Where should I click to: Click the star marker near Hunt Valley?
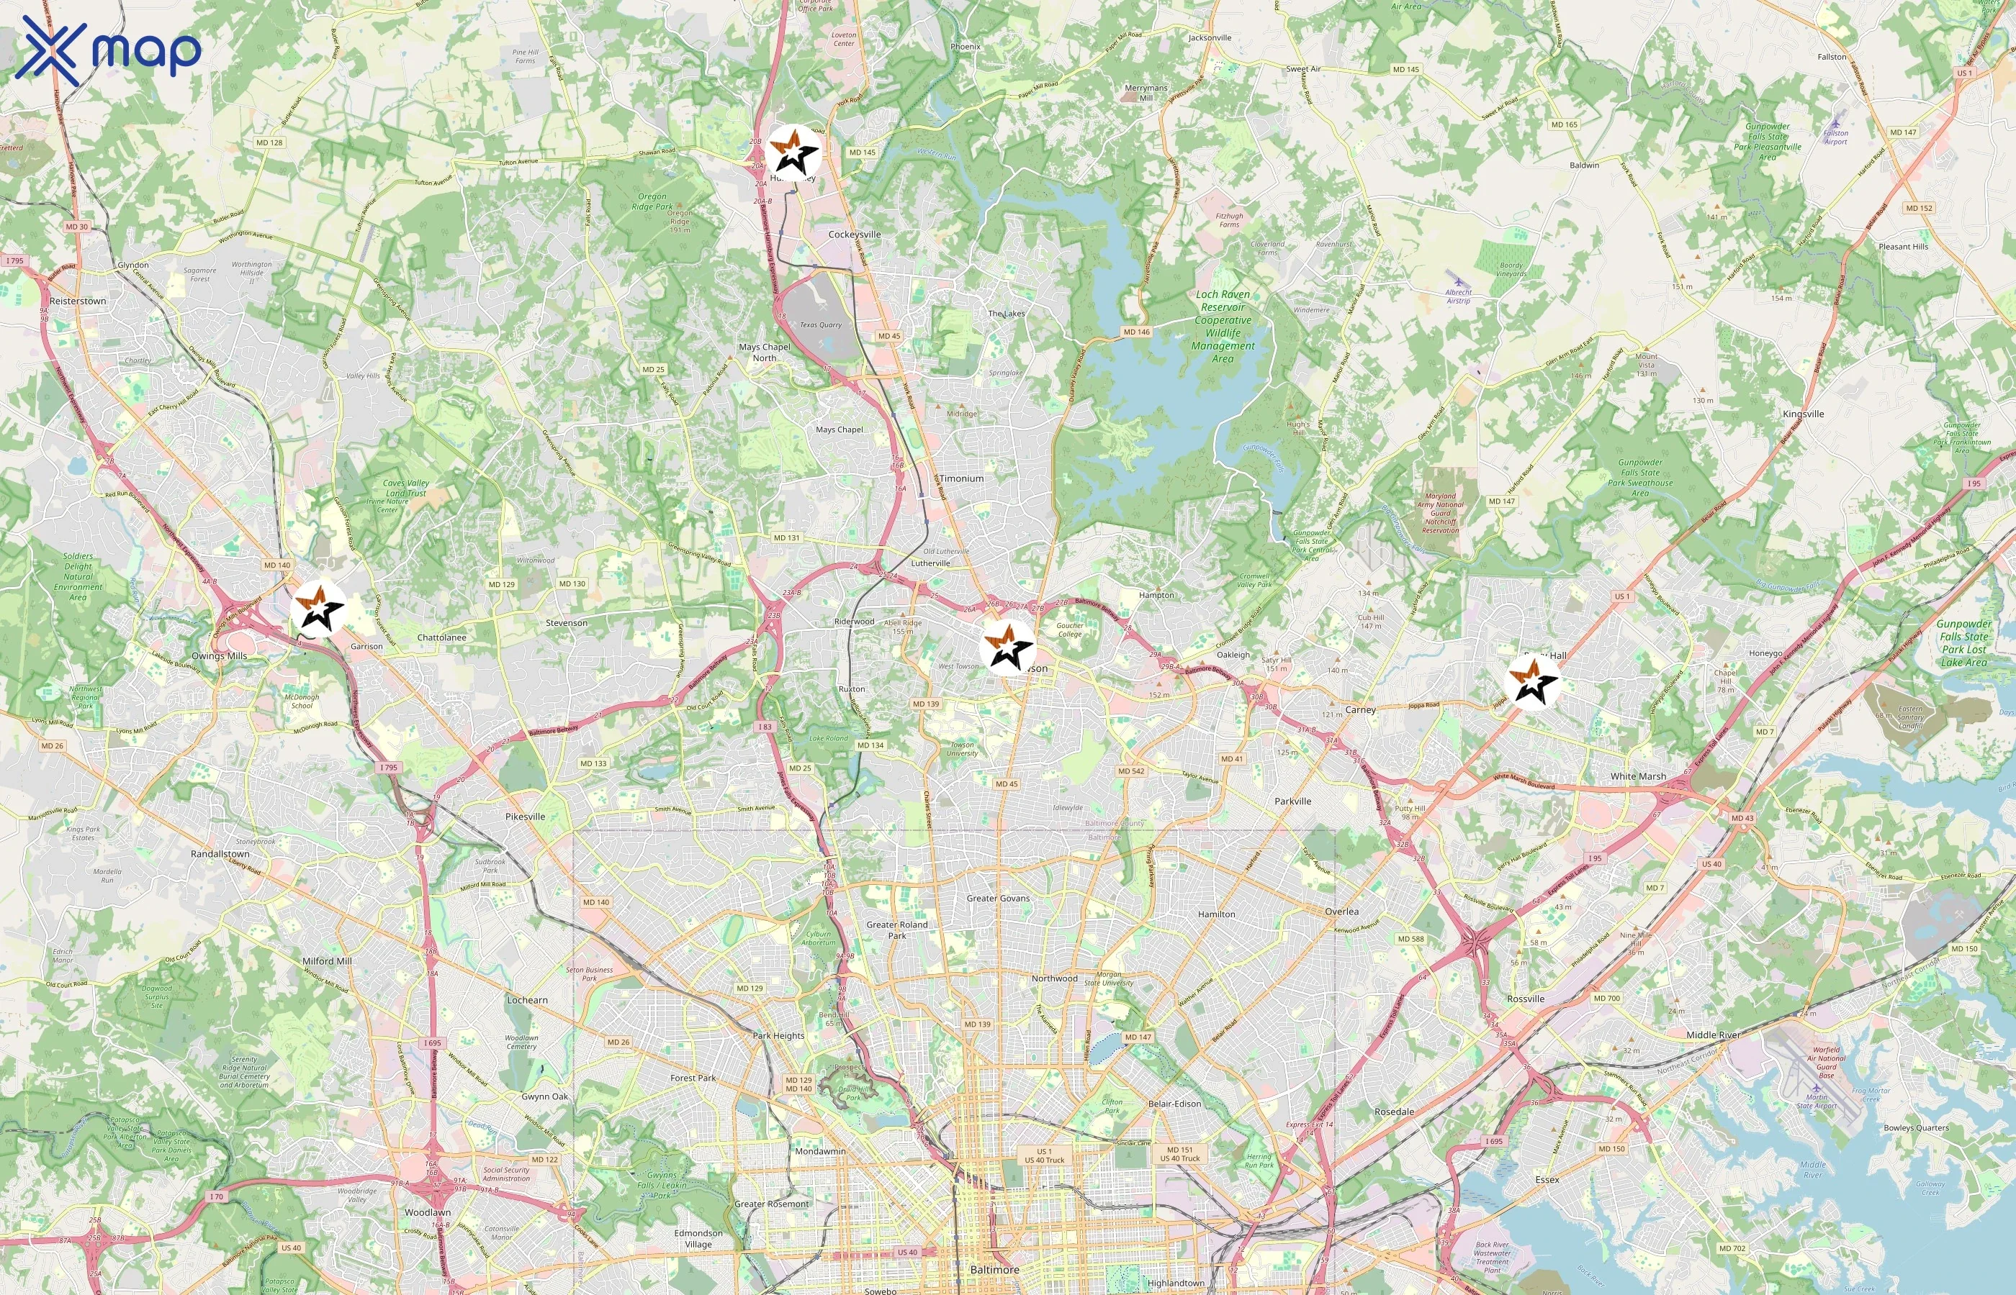793,153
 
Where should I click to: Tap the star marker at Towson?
1007,647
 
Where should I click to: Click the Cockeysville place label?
854,235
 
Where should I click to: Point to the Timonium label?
961,478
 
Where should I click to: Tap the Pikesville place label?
525,817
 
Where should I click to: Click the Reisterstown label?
78,301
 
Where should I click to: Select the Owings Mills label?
219,656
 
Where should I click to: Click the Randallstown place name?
220,853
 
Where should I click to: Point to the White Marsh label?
1637,776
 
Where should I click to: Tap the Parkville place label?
1292,801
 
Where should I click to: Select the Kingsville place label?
1803,414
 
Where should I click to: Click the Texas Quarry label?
819,324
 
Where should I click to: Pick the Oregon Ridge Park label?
652,202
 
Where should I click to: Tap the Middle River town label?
1712,1035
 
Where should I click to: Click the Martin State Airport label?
1816,1101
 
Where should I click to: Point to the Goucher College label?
1069,630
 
